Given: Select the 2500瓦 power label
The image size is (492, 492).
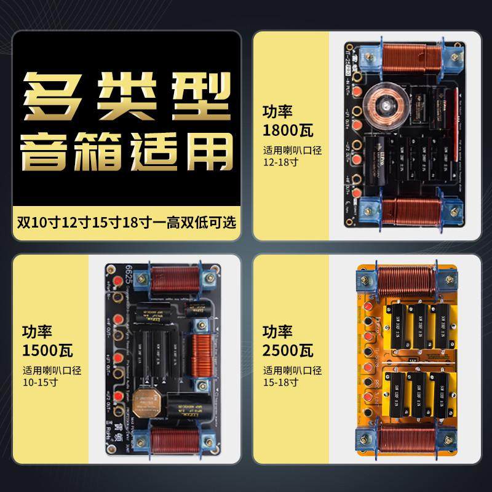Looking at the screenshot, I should tap(288, 351).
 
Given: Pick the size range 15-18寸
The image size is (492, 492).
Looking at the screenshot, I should tap(280, 382).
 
